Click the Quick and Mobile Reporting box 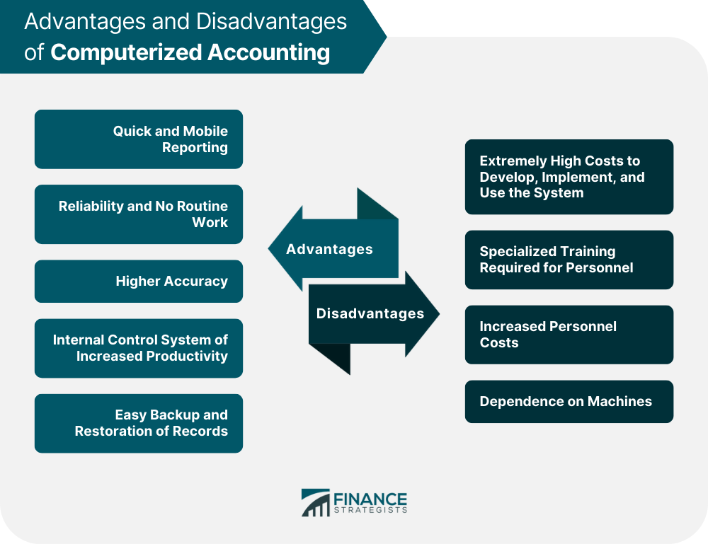(139, 139)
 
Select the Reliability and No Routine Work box (139, 214)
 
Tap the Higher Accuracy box (139, 282)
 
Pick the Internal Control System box (139, 348)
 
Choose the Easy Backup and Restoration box (139, 424)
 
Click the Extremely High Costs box (569, 177)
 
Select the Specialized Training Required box (569, 260)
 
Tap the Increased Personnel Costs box (569, 335)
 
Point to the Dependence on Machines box (569, 402)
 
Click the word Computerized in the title (126, 52)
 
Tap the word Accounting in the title (268, 52)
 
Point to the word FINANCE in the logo (370, 499)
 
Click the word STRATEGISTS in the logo (370, 510)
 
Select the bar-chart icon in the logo (316, 502)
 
